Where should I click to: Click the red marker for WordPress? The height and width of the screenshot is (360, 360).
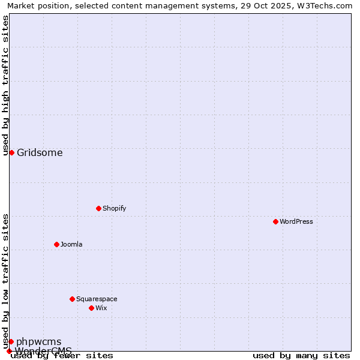coord(275,221)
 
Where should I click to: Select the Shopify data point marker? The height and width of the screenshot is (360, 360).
coord(98,208)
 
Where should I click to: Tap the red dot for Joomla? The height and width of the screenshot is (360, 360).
coord(56,244)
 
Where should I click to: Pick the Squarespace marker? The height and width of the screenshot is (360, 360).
coord(72,299)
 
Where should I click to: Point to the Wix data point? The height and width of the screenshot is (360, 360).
coord(91,308)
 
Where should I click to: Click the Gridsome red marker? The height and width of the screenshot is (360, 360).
coord(11,152)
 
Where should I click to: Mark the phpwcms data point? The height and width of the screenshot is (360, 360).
coord(11,341)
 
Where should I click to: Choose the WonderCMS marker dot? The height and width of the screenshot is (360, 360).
coord(9,351)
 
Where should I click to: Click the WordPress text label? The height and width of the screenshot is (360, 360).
coord(296,221)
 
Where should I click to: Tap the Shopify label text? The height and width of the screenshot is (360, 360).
coord(114,208)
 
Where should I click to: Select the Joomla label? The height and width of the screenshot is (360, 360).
coord(71,244)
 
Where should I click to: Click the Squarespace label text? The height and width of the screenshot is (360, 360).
coord(97,299)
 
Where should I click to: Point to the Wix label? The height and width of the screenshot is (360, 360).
coord(101,308)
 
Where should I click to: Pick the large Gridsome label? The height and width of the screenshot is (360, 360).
coord(40,152)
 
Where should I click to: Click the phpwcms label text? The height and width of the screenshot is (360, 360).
coord(38,341)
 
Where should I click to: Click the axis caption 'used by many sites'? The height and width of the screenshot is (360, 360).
coord(301,355)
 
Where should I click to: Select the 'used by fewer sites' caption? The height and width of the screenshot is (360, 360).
coord(62,355)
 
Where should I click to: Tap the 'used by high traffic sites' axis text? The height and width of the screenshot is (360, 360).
coord(5,86)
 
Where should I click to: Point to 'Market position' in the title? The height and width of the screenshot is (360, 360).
coord(33,5)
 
